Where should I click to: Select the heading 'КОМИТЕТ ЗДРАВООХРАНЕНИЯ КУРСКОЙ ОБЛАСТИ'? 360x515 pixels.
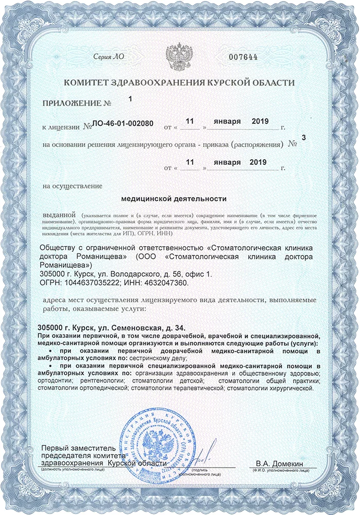[x=179, y=82]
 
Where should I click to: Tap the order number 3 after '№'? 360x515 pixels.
[x=303, y=138]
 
